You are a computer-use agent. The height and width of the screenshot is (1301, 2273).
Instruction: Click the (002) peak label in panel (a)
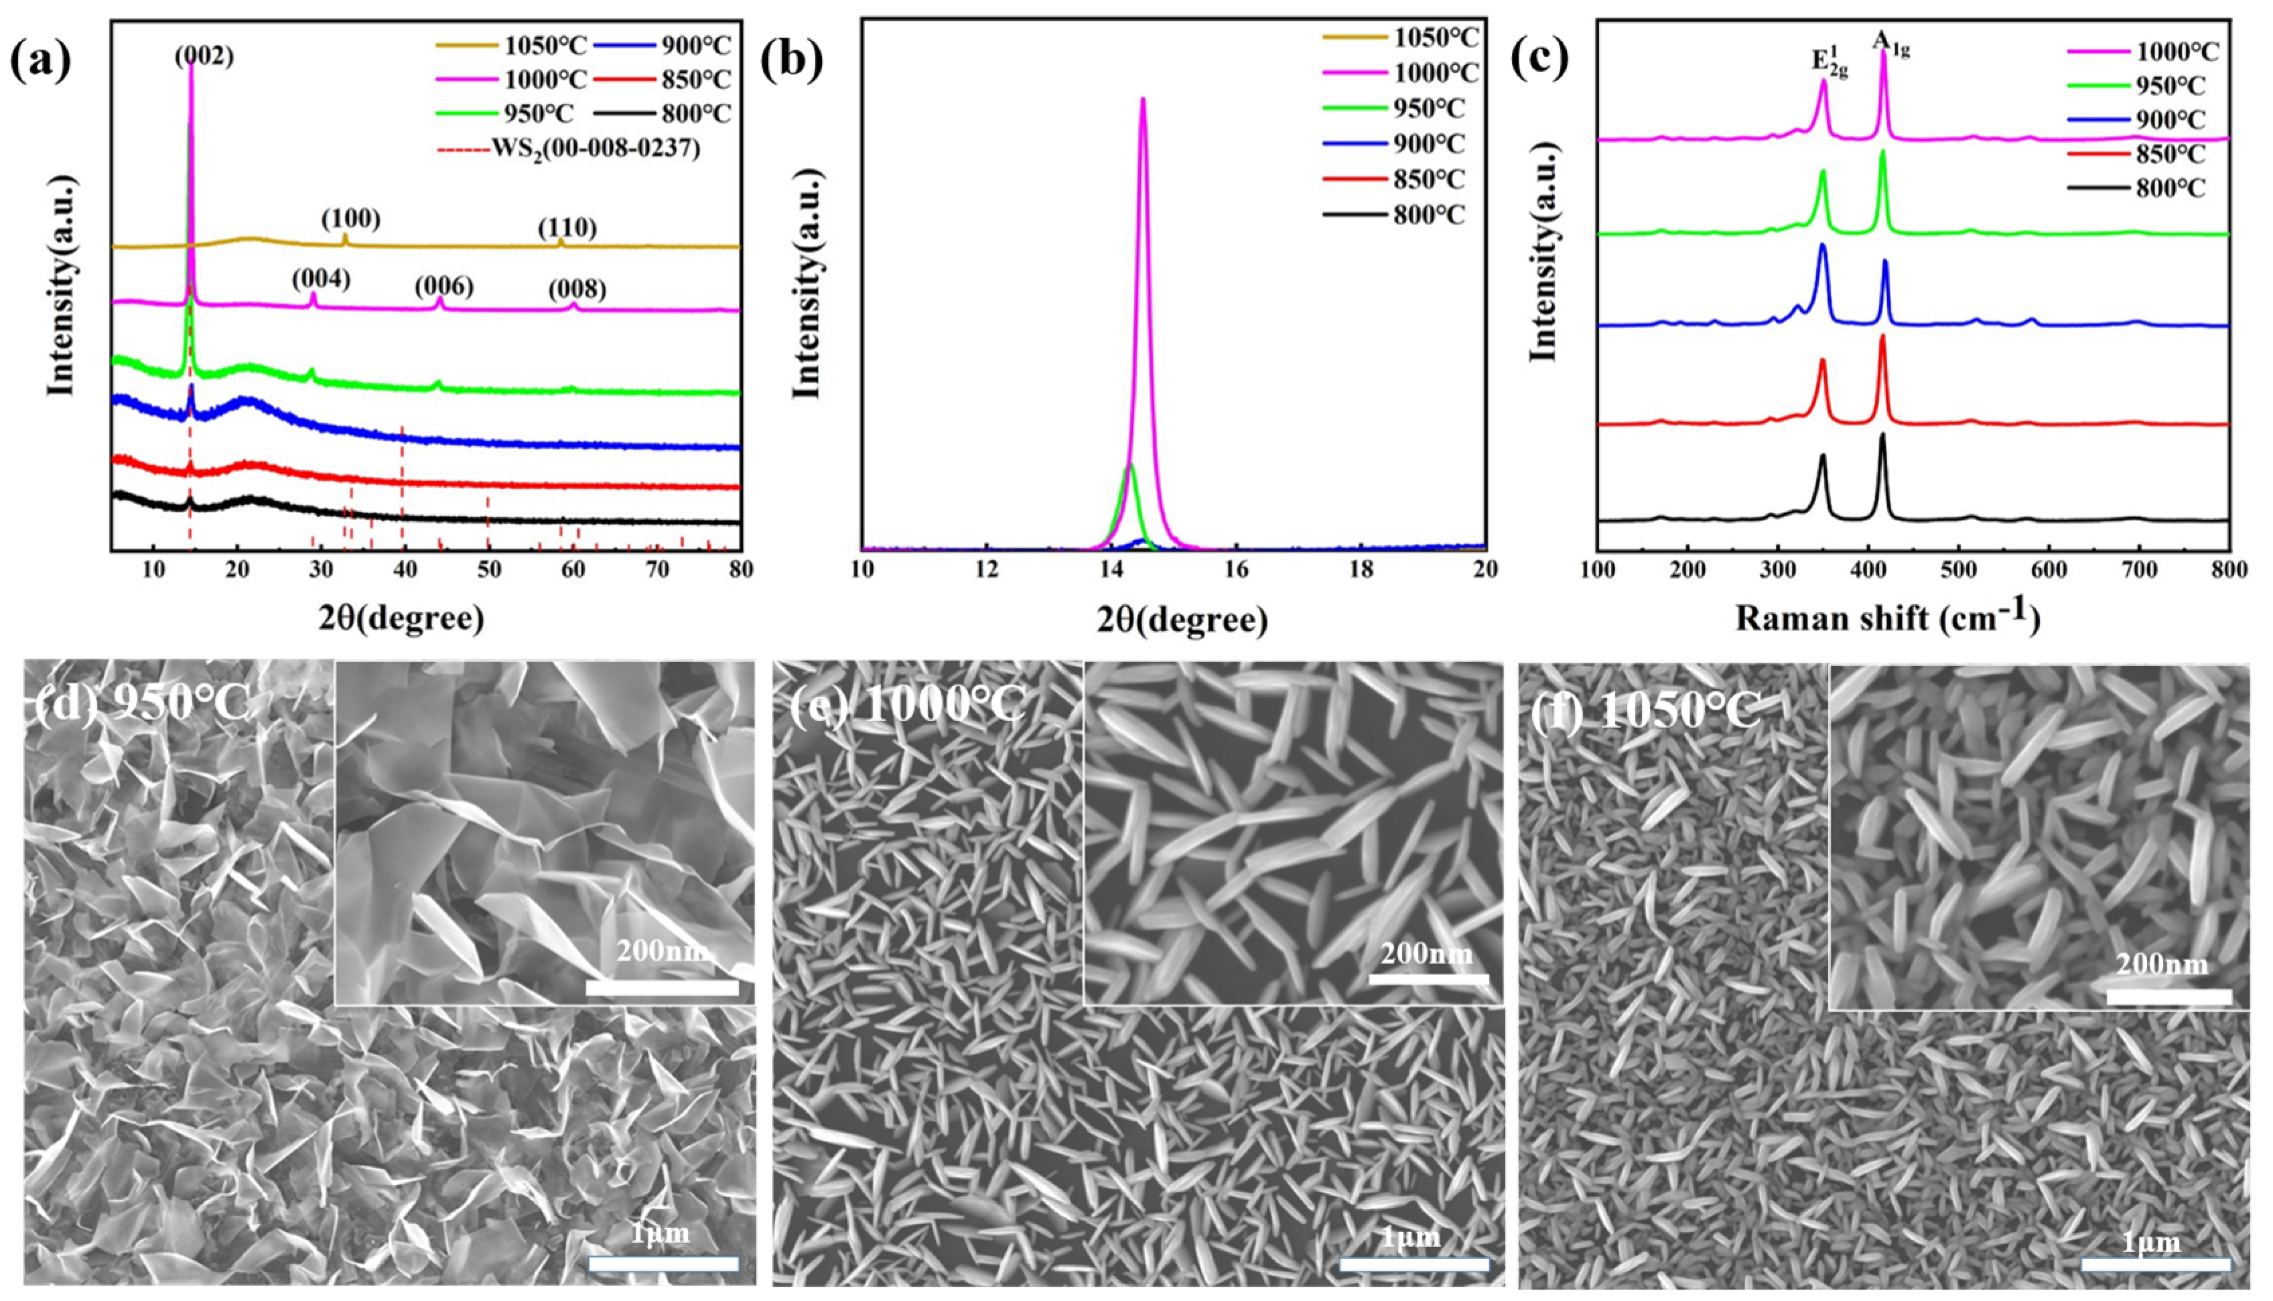pos(204,56)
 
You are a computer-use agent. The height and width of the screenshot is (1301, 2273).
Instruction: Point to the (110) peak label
pos(567,228)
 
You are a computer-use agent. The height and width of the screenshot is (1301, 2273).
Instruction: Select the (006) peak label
pos(444,287)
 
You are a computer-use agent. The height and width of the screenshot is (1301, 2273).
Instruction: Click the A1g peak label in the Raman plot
pos(1890,43)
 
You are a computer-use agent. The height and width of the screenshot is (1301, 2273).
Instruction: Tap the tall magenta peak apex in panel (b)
pos(1142,99)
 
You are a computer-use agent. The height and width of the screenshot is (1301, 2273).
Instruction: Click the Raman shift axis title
pos(1888,618)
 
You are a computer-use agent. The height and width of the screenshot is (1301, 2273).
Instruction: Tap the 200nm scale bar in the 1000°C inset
pos(1428,979)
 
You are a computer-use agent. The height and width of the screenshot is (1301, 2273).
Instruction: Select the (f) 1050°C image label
pos(1645,712)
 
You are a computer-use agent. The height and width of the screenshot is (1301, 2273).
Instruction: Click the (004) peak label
pos(321,279)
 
